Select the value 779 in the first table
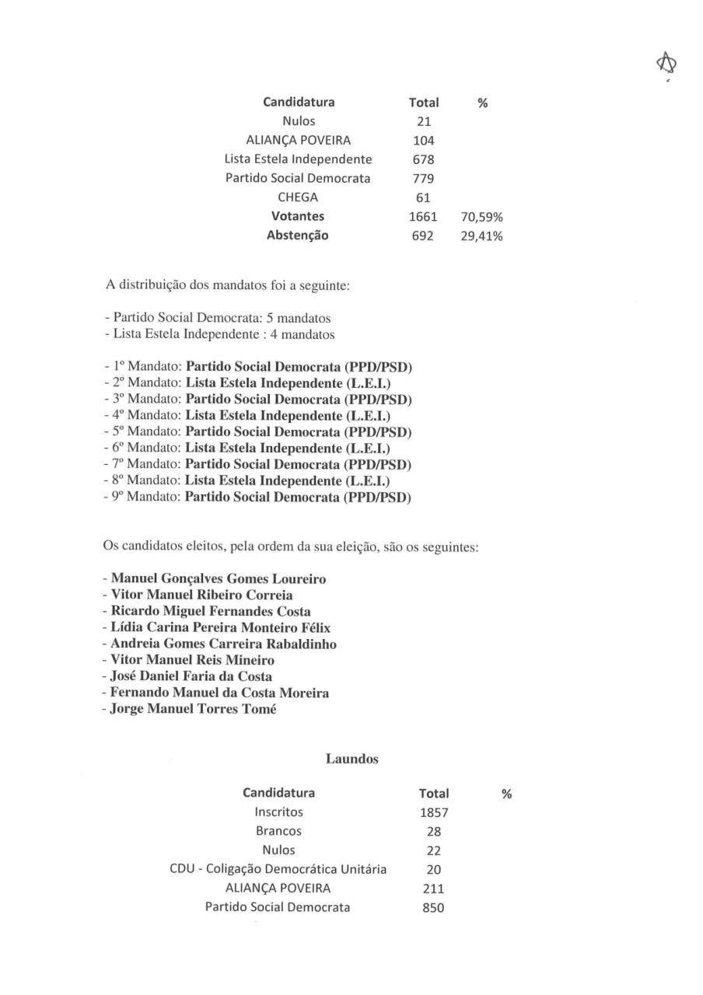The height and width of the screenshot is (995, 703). [424, 179]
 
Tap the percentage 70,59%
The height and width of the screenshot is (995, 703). [482, 217]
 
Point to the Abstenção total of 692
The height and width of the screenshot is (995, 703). [424, 236]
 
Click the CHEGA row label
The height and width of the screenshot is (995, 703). [298, 197]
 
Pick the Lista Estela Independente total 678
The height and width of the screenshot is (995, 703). [424, 159]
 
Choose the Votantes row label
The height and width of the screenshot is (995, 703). [298, 216]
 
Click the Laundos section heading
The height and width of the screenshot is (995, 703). [351, 759]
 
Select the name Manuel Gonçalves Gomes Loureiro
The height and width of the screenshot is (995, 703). [219, 578]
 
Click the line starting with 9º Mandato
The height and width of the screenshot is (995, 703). [257, 497]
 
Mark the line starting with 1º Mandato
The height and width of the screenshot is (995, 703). [257, 367]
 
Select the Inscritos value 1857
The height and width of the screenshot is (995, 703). [434, 813]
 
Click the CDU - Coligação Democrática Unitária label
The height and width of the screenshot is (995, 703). [278, 869]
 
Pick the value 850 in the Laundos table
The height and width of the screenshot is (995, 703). [433, 908]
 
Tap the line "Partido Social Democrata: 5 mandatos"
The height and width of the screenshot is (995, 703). [218, 319]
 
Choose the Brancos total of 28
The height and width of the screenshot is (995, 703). [434, 832]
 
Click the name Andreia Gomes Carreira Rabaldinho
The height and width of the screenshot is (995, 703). [223, 644]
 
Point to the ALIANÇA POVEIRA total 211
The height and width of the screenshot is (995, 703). [433, 889]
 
